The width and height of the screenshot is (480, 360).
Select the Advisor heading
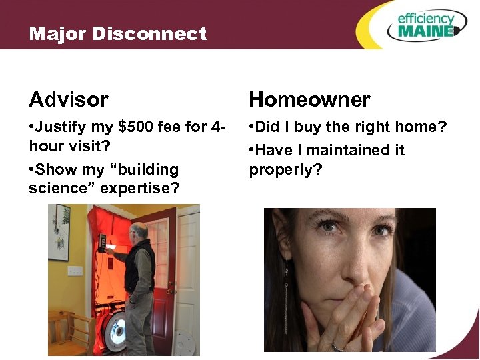click(68, 100)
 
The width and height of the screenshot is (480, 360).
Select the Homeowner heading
click(309, 100)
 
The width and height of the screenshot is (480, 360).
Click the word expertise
click(139, 189)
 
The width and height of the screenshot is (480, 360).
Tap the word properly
click(285, 171)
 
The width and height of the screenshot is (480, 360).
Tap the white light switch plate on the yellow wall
click(76, 271)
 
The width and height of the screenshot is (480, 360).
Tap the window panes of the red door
click(161, 246)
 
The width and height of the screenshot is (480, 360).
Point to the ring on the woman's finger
click(338, 346)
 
